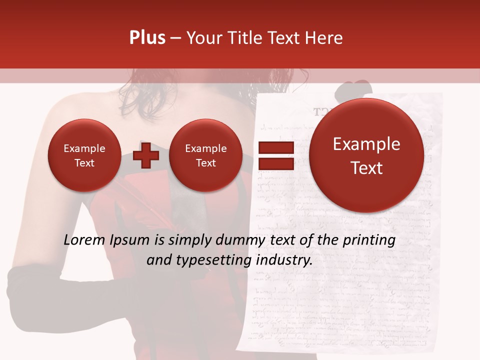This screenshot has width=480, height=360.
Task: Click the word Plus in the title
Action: pos(147,38)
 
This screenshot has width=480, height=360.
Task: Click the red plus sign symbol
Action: pos(146,155)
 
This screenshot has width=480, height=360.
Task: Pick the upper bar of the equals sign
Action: pos(275,148)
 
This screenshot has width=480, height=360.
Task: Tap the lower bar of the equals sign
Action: pos(275,163)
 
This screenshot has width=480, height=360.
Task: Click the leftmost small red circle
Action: pos(84,155)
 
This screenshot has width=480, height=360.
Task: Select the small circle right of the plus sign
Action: pos(205,155)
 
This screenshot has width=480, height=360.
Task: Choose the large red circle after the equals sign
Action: pos(366,155)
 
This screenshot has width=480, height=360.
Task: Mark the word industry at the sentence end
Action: pos(284,260)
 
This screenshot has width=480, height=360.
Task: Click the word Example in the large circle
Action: pos(366,144)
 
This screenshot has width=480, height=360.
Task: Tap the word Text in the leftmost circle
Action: pos(84,163)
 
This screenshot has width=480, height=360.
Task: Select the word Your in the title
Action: pos(203,38)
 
